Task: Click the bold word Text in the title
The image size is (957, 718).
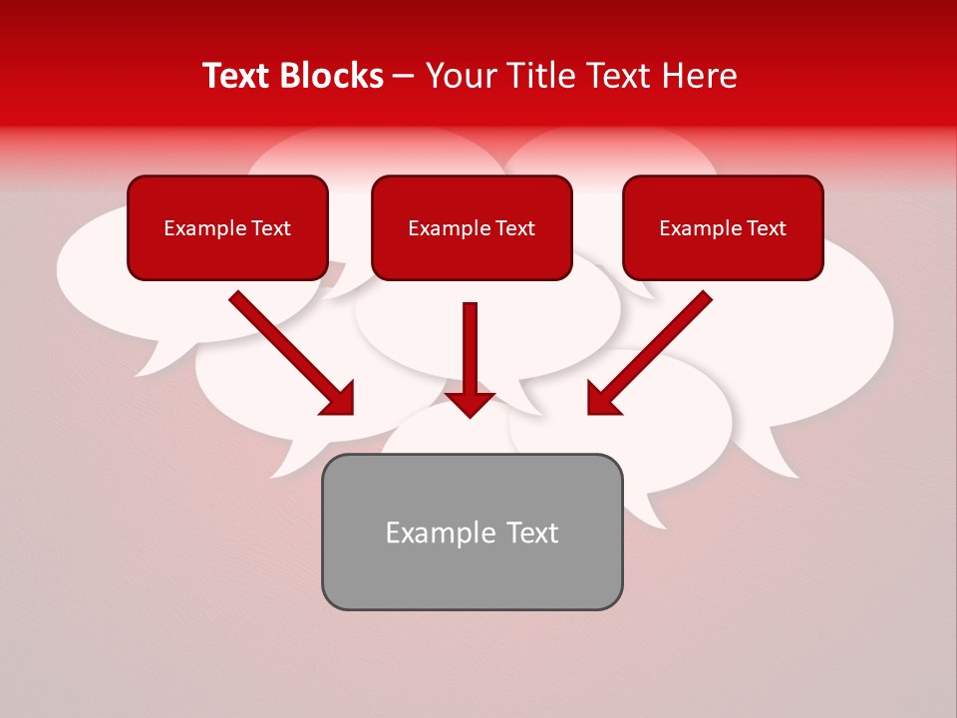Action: pyautogui.click(x=239, y=76)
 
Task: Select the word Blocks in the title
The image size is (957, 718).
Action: pyautogui.click(x=334, y=76)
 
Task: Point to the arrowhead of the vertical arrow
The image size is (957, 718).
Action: pyautogui.click(x=471, y=404)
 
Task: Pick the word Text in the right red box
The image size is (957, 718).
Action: pyautogui.click(x=767, y=228)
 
